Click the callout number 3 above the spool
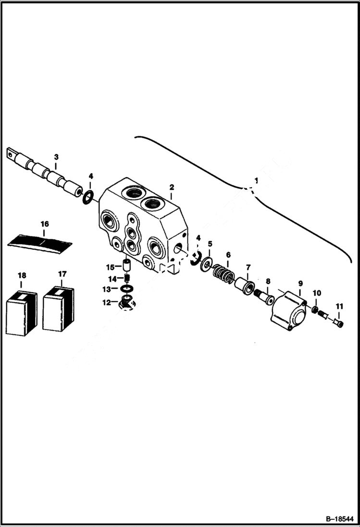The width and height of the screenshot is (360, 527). pos(56,157)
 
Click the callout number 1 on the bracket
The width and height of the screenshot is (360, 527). pos(256,181)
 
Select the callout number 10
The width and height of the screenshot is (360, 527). pos(317,293)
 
